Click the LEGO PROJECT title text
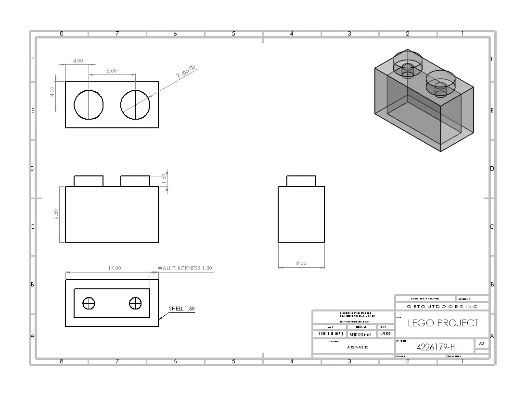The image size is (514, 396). click(x=443, y=323)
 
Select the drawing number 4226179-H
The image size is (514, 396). click(x=436, y=347)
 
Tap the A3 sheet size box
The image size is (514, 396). click(x=482, y=344)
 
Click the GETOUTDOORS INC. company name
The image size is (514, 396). click(x=441, y=306)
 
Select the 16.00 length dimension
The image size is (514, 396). click(x=115, y=268)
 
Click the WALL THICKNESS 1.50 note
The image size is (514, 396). click(x=185, y=268)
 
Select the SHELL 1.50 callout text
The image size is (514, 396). click(x=182, y=309)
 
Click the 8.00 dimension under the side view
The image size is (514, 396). click(x=301, y=263)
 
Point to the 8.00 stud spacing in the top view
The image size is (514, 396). click(x=111, y=71)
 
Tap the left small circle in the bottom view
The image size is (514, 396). click(x=89, y=304)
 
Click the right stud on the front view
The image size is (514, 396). click(x=135, y=181)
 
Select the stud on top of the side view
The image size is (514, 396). click(x=301, y=181)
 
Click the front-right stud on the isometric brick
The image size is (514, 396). click(x=440, y=82)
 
